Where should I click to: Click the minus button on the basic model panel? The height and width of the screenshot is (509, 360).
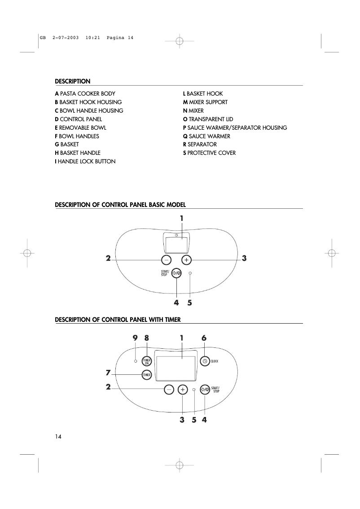166,260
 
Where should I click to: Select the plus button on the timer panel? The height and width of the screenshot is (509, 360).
183,390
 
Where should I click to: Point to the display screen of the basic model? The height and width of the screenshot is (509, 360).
176,245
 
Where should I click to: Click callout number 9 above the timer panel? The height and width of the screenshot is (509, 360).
135,338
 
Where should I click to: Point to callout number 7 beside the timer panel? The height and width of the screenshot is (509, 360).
108,373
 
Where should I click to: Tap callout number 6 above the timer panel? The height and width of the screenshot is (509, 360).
204,338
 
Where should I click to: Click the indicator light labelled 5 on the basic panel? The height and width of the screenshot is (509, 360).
190,273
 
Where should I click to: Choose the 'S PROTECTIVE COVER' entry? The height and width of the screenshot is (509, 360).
209,153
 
